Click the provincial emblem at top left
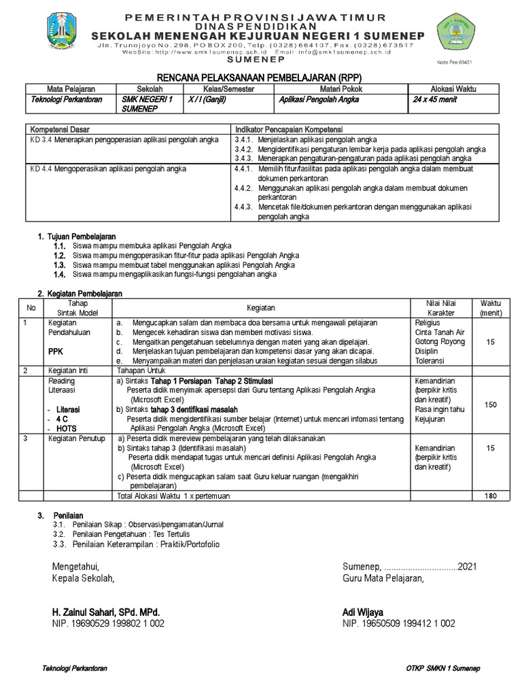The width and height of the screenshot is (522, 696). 66,33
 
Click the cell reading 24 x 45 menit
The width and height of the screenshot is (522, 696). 435,99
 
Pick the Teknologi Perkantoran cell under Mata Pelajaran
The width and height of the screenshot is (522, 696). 67,99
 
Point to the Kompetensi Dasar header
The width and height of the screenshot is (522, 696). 60,129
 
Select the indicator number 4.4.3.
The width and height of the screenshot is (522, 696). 243,207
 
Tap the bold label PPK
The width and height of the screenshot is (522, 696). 55,352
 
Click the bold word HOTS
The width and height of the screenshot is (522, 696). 67,430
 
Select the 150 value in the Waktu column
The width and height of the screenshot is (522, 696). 490,405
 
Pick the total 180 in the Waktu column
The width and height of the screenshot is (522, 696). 490,496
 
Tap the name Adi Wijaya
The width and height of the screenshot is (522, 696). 363,612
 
